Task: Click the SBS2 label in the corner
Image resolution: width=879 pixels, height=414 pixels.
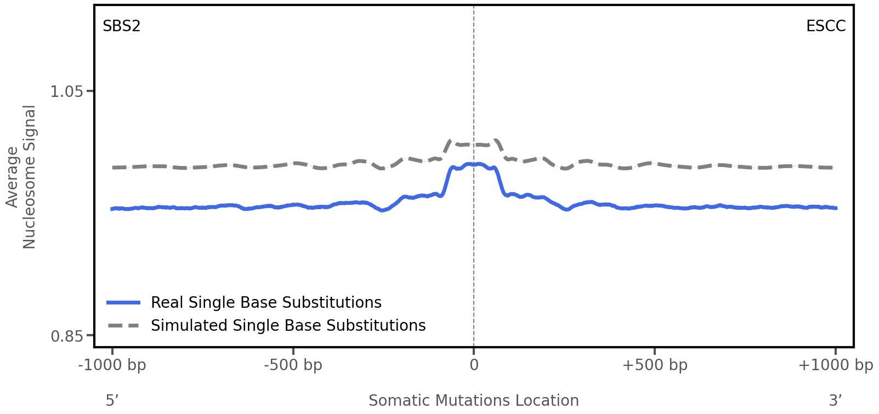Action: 121,26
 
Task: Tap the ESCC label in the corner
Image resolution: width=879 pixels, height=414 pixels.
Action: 825,26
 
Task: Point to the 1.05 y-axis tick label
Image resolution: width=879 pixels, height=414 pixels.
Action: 66,91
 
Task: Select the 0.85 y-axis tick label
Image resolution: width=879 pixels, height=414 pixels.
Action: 66,336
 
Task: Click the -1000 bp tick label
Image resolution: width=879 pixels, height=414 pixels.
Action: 112,365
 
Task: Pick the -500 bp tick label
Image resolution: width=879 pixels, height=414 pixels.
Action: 293,365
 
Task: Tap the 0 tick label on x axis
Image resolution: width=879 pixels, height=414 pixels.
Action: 474,365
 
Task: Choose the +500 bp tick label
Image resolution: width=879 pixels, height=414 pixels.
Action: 654,365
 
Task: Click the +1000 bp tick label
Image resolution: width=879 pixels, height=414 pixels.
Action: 835,365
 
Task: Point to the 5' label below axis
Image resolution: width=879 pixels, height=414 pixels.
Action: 112,400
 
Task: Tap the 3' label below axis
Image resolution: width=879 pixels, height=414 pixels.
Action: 835,400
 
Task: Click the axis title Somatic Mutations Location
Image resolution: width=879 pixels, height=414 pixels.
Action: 473,400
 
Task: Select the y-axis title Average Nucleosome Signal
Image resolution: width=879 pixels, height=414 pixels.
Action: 21,176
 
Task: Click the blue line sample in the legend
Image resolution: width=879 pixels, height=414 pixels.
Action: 123,302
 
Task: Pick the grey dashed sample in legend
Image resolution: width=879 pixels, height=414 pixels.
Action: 123,325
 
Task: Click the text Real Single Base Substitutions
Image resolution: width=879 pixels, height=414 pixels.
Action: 266,302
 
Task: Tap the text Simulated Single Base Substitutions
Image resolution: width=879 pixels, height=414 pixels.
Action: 288,325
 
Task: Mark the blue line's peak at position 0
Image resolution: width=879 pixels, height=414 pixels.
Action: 474,164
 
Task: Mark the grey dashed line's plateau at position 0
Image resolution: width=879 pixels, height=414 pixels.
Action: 474,145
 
